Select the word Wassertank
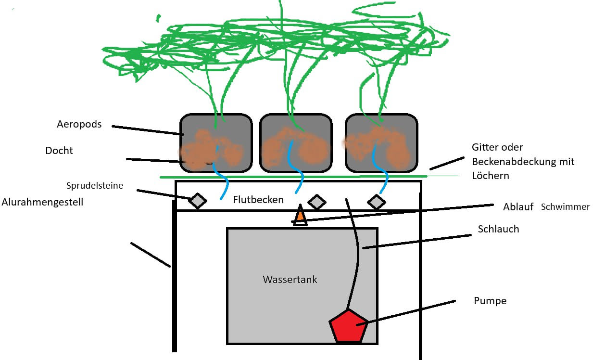coord(290,279)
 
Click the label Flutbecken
coord(258,199)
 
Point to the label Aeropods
coord(79,124)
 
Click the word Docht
coord(59,151)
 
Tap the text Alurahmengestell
coord(42,202)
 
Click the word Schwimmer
coord(565,207)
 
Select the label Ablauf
coord(518,207)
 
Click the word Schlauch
coord(498,229)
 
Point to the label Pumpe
coord(490,301)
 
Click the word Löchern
coord(490,176)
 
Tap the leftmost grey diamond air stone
coord(197,201)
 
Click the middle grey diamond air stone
coord(317,202)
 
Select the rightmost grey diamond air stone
coord(377,202)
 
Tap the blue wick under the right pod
coord(384,178)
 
